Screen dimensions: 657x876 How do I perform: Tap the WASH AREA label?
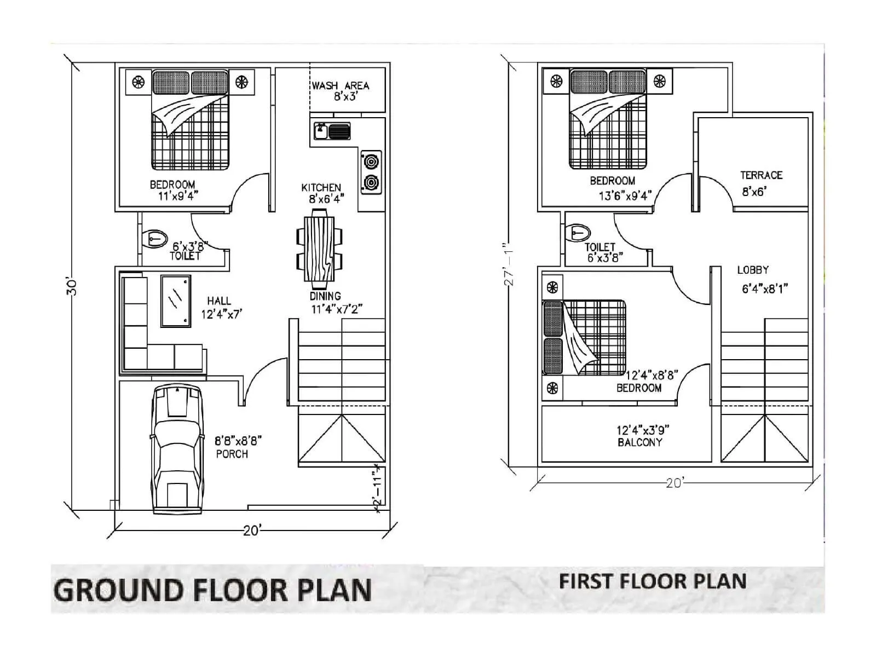341,86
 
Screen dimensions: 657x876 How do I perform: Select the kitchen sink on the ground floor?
332,131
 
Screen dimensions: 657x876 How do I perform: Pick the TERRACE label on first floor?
761,175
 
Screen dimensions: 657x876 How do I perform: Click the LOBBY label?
753,270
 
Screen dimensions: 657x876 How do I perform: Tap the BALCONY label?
639,442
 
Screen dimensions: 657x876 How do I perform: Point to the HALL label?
219,301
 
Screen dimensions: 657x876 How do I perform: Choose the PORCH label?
232,454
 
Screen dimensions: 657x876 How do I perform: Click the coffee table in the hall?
176,301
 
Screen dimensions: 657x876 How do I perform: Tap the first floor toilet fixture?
578,232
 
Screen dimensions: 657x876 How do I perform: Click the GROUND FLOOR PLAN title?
212,590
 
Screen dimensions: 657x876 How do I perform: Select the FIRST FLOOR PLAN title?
653,581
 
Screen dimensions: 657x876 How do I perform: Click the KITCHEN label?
321,188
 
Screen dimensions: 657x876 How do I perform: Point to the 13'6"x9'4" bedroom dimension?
624,195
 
